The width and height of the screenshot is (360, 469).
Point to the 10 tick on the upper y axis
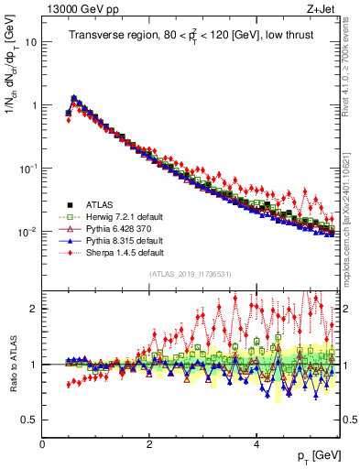click(32, 42)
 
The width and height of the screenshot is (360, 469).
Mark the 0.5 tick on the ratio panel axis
click(29, 420)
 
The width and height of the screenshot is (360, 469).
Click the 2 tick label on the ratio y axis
click(35, 309)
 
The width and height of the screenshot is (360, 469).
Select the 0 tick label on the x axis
click(42, 444)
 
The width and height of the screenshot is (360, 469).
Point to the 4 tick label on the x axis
click(256, 444)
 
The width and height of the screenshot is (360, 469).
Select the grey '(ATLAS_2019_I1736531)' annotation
click(190, 275)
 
